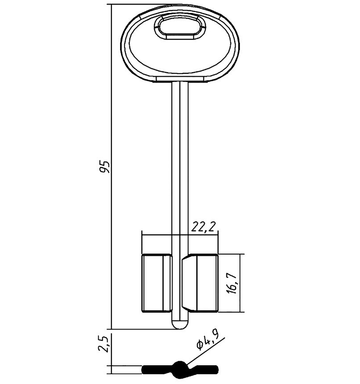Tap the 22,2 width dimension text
(x=203, y=227)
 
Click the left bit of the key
(x=156, y=283)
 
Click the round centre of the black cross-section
(x=180, y=369)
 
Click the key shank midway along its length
(x=179, y=165)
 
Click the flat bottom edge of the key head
(x=180, y=81)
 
